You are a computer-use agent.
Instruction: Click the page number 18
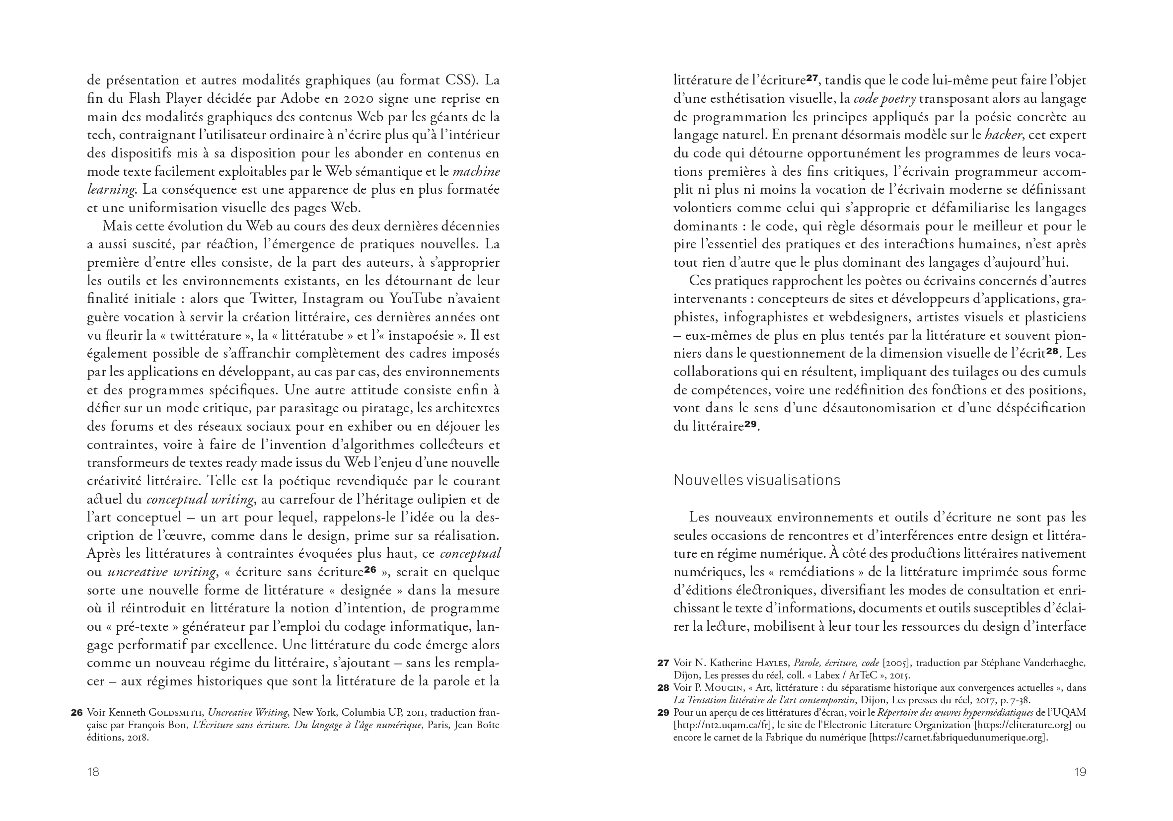93,772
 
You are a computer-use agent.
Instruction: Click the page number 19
1080,772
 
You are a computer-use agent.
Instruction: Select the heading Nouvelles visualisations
757,480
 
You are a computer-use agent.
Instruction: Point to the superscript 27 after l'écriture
812,77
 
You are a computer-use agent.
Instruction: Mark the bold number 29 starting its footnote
663,713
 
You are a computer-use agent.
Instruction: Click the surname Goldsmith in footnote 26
176,713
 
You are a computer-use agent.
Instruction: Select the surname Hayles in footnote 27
771,663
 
